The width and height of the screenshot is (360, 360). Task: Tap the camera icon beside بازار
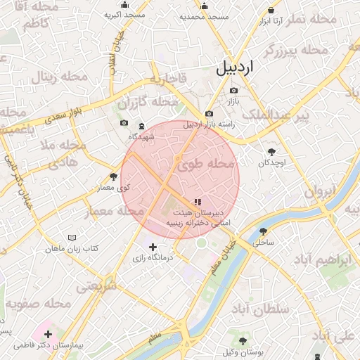(233, 91)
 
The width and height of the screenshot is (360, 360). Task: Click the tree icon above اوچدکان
(271, 151)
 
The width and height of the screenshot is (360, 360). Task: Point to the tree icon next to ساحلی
(264, 231)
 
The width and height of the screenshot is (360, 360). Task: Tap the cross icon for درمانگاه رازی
(153, 247)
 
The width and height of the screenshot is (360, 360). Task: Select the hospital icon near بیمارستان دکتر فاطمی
(48, 333)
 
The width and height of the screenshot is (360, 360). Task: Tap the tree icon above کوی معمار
(114, 176)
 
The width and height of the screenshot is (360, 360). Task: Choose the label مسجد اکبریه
(124, 15)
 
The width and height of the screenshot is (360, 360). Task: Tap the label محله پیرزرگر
(296, 50)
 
